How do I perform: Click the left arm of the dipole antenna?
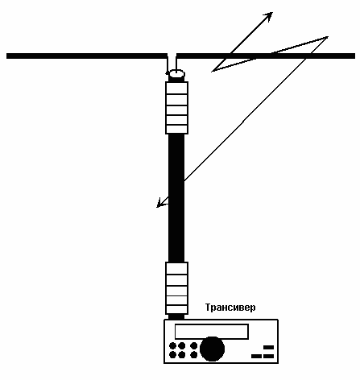86,56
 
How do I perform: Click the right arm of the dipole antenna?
266,56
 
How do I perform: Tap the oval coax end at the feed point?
176,73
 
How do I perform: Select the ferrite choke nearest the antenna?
176,108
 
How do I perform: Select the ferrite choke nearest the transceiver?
176,288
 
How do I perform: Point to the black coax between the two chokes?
176,198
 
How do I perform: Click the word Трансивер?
230,308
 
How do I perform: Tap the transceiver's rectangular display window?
212,332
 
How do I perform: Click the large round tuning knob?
212,349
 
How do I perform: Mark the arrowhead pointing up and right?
268,16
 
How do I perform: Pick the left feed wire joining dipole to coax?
167,64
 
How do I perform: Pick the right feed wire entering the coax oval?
176,64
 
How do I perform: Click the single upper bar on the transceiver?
268,347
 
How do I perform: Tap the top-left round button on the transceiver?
172,345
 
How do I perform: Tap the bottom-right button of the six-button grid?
194,355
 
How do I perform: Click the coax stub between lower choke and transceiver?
176,316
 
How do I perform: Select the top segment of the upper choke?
176,88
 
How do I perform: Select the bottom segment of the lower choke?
176,309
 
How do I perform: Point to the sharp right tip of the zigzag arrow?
328,37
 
